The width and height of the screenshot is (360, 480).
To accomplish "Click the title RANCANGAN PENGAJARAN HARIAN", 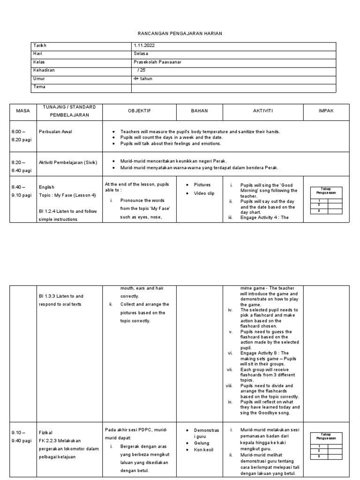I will pos(180,34).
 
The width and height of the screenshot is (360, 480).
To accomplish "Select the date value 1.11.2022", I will pos(144,45).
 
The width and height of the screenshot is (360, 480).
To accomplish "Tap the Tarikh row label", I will pos(40,45).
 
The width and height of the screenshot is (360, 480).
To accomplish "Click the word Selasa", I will pos(141,54).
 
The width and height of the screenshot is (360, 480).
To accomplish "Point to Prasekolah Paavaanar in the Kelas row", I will pos(157,62).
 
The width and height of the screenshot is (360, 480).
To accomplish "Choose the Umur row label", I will pos(39,79).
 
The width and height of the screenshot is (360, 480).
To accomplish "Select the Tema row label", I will pos(39,87).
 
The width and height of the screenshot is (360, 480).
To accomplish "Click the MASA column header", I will pos(23,111).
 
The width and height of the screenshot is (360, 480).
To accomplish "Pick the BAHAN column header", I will pos(199,111).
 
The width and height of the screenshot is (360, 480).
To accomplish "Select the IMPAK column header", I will pos(326,111).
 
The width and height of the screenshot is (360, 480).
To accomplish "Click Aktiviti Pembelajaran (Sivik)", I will pos(68,163).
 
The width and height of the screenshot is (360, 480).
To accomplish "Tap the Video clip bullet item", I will pos(205,194).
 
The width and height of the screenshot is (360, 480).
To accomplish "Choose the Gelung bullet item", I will pos(202,443).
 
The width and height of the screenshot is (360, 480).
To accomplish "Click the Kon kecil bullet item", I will pos(204,450).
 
